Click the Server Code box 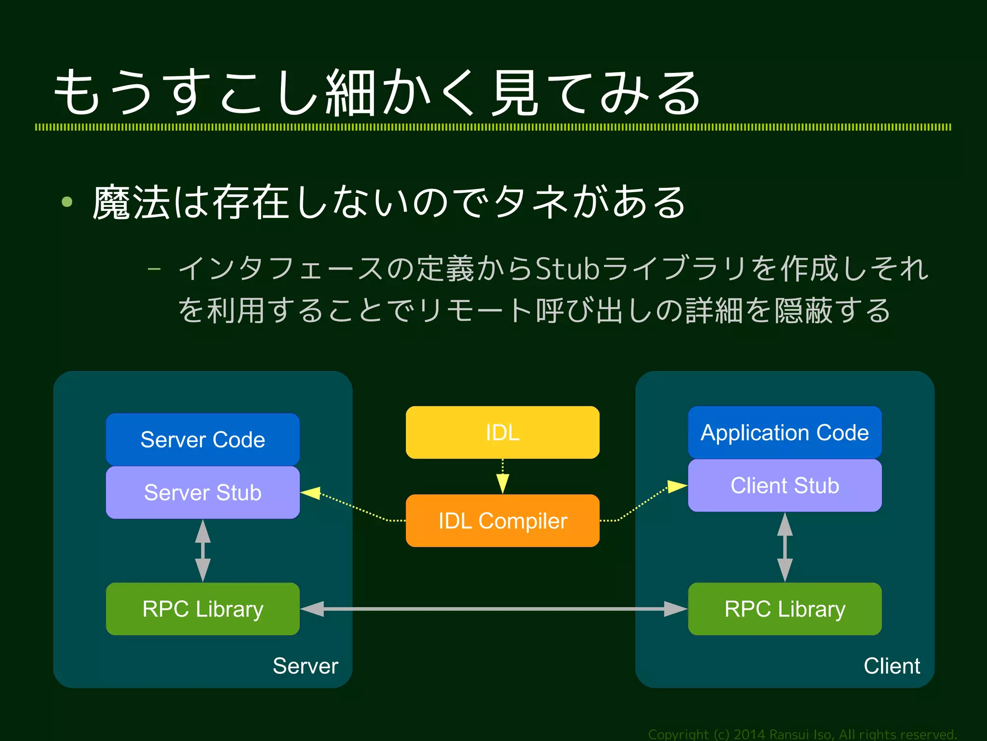(x=202, y=439)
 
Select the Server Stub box (x=202, y=492)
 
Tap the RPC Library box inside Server (x=202, y=609)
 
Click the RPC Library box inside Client (x=785, y=609)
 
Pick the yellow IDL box (x=502, y=432)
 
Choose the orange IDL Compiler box (x=502, y=521)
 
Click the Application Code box (x=785, y=432)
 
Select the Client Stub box (x=785, y=485)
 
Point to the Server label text (x=305, y=666)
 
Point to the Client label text (x=892, y=666)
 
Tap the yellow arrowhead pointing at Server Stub (x=311, y=493)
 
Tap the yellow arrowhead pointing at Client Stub (x=677, y=486)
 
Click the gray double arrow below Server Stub (x=203, y=551)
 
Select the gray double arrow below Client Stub (x=785, y=547)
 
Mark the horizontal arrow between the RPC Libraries (x=493, y=609)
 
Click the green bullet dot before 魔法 (x=67, y=202)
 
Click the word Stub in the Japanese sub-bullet (x=568, y=269)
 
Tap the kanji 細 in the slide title (x=350, y=93)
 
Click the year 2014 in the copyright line (x=749, y=734)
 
